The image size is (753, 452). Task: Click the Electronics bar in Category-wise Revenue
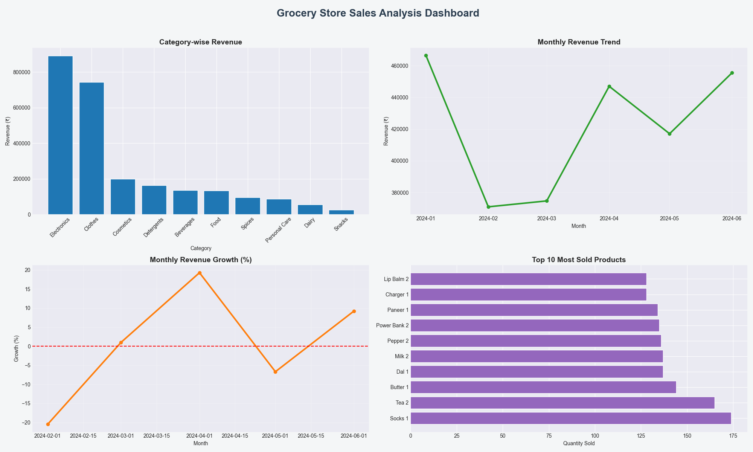(x=60, y=136)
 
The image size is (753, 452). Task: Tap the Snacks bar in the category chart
(x=341, y=212)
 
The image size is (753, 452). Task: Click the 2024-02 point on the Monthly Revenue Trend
(x=488, y=207)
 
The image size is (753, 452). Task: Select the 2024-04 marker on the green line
(x=609, y=86)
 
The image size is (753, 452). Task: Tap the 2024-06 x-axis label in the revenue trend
(x=732, y=218)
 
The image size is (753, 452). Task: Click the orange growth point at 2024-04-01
(x=200, y=273)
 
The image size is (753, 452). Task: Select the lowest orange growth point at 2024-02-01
(x=48, y=424)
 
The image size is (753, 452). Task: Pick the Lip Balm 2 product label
(x=396, y=279)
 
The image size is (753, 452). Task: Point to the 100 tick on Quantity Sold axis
(x=595, y=436)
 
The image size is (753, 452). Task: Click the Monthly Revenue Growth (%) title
(x=201, y=260)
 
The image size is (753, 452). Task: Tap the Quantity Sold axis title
(x=579, y=444)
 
